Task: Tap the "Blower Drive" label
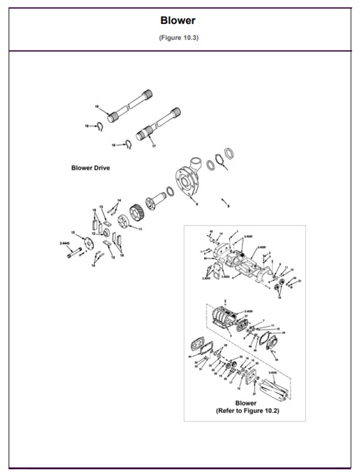(91, 168)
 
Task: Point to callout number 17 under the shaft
(154, 145)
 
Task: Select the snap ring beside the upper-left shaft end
(100, 126)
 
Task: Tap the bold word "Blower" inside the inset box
(246, 402)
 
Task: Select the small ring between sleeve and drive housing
(169, 191)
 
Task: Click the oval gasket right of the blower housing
(267, 339)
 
